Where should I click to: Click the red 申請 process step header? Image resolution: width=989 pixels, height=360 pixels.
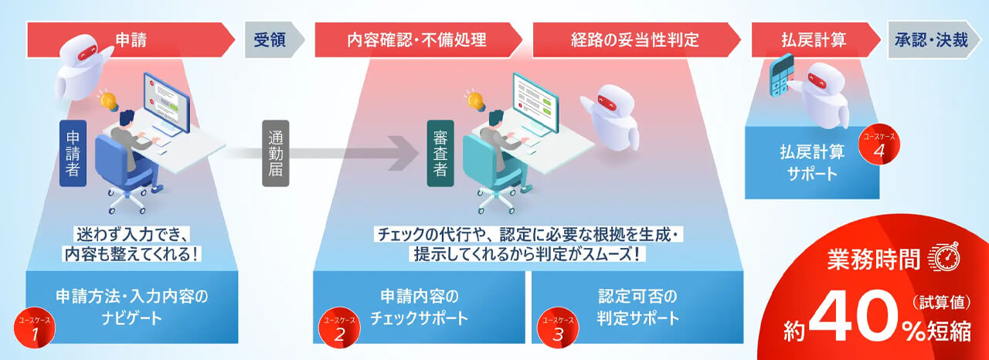click(127, 39)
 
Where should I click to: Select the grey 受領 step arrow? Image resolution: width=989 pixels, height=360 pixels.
click(270, 39)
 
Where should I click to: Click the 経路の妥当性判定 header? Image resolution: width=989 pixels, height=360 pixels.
click(635, 39)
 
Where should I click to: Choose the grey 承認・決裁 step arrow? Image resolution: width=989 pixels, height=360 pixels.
click(931, 39)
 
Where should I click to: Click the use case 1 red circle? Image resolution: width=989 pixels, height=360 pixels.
click(34, 329)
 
